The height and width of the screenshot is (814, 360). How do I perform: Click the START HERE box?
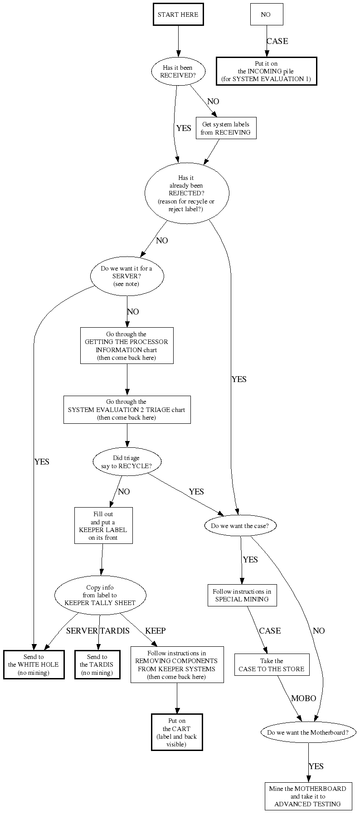[x=178, y=15]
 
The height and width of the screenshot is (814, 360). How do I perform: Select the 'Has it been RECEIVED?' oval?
[x=178, y=72]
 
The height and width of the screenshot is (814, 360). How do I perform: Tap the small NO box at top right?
[x=266, y=15]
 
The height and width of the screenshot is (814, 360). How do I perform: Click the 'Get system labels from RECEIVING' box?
[x=226, y=128]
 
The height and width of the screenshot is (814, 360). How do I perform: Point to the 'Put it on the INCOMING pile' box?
[x=266, y=71]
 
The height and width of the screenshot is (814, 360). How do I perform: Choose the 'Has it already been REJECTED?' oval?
[x=186, y=193]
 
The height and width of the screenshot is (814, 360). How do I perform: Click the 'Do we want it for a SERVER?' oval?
[x=126, y=276]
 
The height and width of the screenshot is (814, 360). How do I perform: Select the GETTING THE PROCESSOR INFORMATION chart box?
[x=126, y=346]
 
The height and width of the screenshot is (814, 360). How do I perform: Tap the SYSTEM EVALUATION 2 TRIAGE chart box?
[x=126, y=410]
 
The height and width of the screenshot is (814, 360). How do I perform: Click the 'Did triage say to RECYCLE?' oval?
[x=126, y=462]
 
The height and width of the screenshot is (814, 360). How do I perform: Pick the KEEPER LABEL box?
[x=103, y=526]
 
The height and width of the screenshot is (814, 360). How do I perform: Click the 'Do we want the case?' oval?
[x=240, y=526]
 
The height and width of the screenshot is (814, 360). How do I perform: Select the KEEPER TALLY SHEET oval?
[x=100, y=595]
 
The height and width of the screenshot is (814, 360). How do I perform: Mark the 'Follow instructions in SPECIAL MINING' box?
[x=242, y=595]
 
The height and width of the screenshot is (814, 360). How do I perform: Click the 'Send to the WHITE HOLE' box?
[x=34, y=665]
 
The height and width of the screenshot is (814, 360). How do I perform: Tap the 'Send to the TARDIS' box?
[x=97, y=665]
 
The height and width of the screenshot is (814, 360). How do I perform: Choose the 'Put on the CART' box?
[x=177, y=732]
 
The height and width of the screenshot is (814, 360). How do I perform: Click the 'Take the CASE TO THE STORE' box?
[x=272, y=665]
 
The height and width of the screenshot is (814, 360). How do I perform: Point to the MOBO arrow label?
[x=303, y=698]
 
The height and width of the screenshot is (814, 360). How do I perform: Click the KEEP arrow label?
[x=155, y=630]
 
